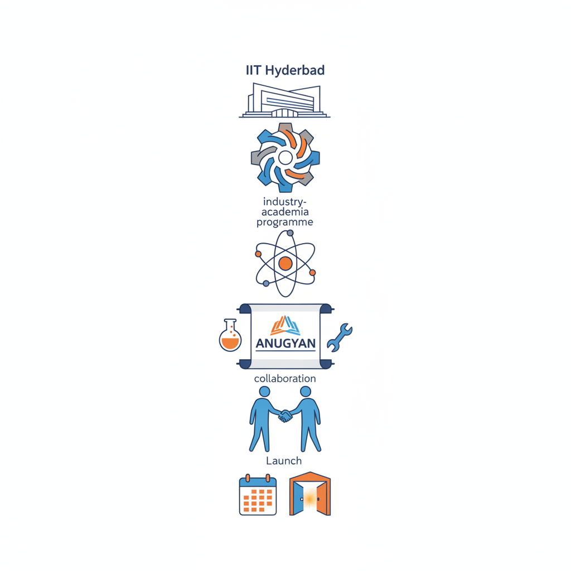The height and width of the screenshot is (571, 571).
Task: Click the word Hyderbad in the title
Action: tap(294, 71)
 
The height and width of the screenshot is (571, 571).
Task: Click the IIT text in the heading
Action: tap(254, 70)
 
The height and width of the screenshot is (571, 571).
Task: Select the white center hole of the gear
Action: tap(285, 158)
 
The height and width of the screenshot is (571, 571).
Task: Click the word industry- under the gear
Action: tap(285, 202)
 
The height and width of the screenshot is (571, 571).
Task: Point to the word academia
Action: tap(285, 212)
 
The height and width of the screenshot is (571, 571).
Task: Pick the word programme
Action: tap(285, 222)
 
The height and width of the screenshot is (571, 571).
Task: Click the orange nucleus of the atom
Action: tap(285, 264)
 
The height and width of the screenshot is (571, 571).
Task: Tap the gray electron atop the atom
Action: tap(290, 233)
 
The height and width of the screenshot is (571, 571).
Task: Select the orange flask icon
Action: tap(230, 335)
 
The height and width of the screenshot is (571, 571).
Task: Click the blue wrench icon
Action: tap(340, 337)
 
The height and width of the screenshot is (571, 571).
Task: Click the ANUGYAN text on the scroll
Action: tap(285, 343)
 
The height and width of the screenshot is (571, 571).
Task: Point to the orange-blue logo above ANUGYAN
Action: tap(285, 325)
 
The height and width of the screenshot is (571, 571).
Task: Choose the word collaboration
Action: tap(285, 379)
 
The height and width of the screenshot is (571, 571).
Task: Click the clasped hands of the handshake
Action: tap(285, 416)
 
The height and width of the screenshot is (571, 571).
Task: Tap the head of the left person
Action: tap(265, 391)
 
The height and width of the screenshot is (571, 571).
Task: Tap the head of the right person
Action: tap(306, 391)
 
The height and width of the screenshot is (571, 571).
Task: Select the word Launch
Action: tap(284, 461)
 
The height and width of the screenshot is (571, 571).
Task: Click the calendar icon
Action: tap(258, 495)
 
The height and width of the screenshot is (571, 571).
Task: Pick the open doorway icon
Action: tap(310, 494)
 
